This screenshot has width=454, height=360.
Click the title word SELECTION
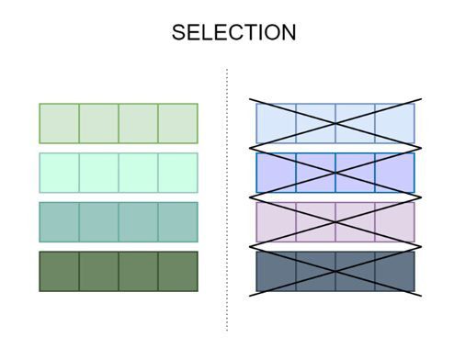click(233, 33)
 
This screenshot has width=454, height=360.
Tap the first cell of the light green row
click(59, 123)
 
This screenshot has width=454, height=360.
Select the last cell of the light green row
click(177, 123)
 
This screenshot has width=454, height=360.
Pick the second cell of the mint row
click(98, 173)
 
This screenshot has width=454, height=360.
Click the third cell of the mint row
click(138, 173)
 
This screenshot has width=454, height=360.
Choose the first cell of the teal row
click(59, 221)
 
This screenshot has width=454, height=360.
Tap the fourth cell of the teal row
click(177, 221)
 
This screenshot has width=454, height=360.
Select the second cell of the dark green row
click(98, 271)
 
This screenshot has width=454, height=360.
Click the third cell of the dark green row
click(138, 271)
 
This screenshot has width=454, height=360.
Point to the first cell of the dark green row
click(59, 271)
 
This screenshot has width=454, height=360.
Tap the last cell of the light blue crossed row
click(394, 123)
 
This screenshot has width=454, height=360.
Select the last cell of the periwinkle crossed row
click(394, 173)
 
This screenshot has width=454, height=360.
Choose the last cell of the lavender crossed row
click(394, 221)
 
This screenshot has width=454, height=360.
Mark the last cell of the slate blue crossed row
click(394, 271)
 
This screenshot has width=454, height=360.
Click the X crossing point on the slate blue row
click(335, 272)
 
